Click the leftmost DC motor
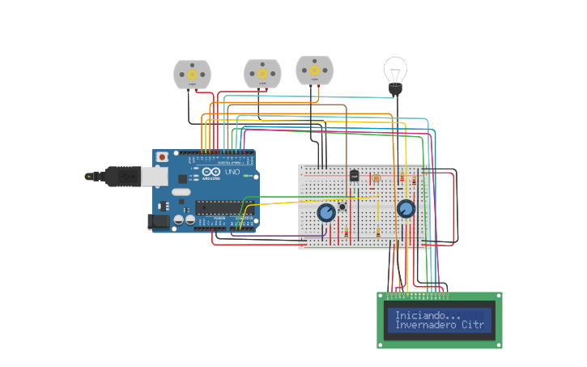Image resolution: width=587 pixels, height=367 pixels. (192, 75)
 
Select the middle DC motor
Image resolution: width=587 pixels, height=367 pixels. (262, 74)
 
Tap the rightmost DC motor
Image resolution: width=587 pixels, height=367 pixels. (314, 70)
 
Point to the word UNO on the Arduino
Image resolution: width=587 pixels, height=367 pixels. (231, 173)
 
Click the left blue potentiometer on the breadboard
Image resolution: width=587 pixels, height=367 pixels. (326, 212)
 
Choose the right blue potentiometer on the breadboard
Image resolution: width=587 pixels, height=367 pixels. (406, 209)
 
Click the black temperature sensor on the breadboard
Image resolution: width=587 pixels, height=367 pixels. (354, 175)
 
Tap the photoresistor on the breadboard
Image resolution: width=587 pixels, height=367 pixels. (375, 177)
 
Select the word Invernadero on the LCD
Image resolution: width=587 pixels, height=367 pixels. (427, 325)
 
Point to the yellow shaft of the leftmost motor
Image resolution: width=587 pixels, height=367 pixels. (192, 75)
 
